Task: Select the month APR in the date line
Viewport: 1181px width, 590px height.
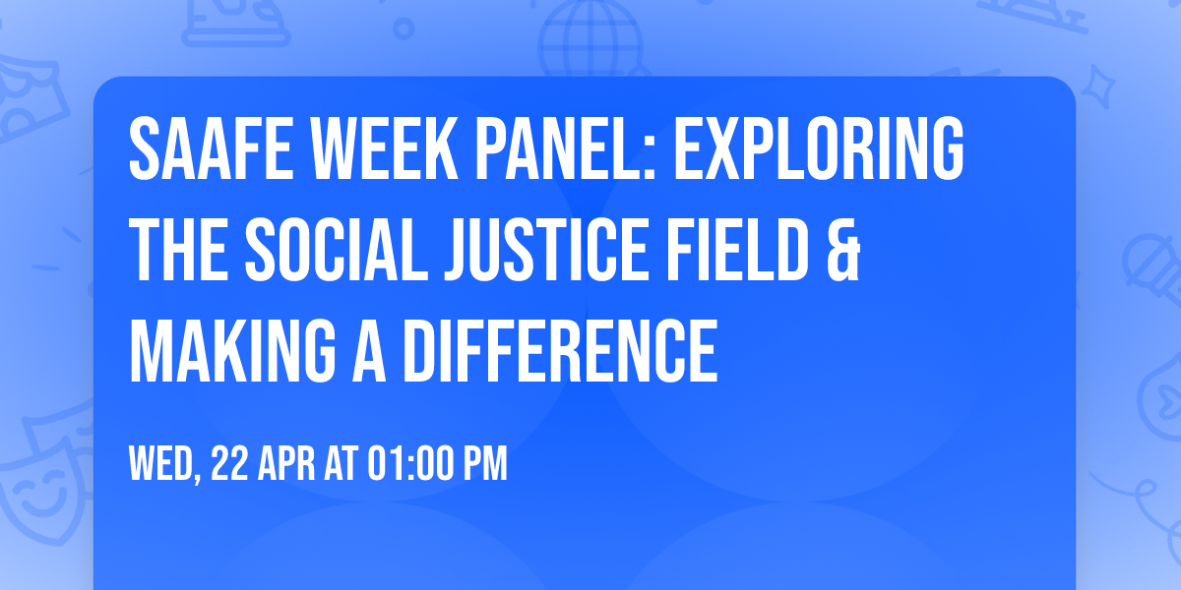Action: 288,464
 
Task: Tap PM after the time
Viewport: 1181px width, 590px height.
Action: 486,464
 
